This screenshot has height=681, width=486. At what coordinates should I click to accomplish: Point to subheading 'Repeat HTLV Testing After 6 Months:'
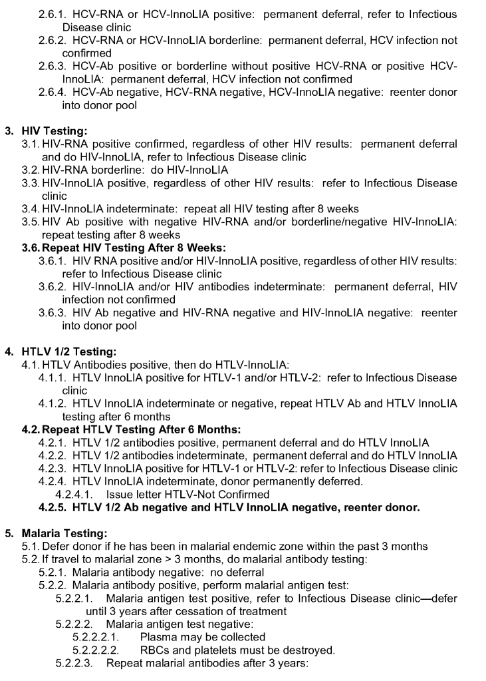[x=130, y=430]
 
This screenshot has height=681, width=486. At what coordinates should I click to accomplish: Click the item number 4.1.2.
[x=53, y=403]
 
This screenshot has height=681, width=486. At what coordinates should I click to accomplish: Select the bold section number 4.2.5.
[x=53, y=508]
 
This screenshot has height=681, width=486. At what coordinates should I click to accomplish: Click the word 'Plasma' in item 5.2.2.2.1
[x=158, y=637]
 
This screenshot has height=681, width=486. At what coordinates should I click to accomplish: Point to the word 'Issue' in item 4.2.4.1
[x=120, y=495]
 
